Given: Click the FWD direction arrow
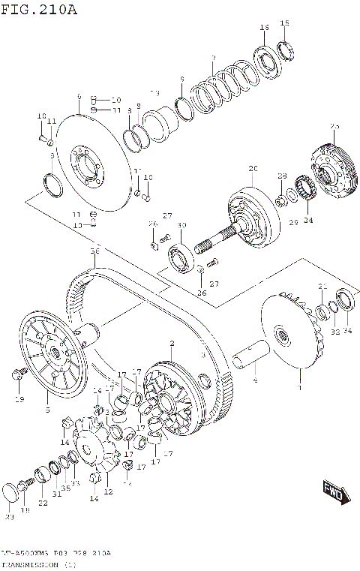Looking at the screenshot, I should (x=333, y=492).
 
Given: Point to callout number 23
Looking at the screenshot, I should (x=10, y=517).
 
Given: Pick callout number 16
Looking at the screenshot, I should (x=264, y=28).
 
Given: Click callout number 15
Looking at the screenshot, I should (x=284, y=23).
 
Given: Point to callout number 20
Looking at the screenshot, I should (x=253, y=168).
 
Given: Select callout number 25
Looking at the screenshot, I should (x=334, y=126).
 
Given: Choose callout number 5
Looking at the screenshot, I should (x=46, y=410).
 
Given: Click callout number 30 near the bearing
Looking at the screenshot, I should (x=181, y=226).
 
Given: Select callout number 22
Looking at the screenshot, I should (x=43, y=503).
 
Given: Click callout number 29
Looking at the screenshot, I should (x=293, y=222).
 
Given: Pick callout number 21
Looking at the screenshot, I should (x=322, y=287).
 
